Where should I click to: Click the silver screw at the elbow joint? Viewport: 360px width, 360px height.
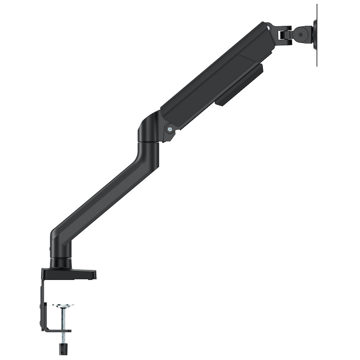click(x=169, y=129)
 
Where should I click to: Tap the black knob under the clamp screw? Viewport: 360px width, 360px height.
click(x=61, y=349)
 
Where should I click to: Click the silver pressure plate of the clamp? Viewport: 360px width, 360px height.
click(x=63, y=306)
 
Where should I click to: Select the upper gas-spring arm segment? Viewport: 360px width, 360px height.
click(x=214, y=77)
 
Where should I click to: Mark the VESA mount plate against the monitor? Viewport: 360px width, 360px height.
click(x=315, y=34)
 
